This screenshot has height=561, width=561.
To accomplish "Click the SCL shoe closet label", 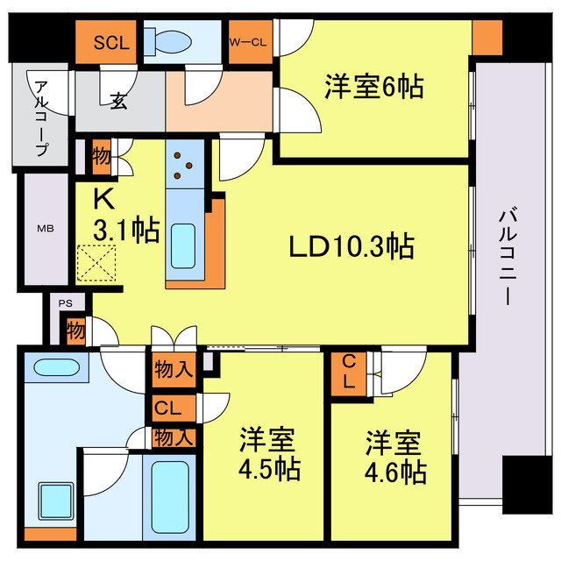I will [x=110, y=42].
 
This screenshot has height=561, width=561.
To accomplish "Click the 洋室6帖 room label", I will [x=374, y=87].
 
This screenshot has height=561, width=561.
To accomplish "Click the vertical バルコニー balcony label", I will [x=507, y=254].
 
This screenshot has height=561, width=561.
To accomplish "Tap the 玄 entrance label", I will [x=118, y=101].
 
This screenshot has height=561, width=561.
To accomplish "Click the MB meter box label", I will [x=44, y=229].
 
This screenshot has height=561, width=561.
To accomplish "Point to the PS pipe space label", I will [x=65, y=302].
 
